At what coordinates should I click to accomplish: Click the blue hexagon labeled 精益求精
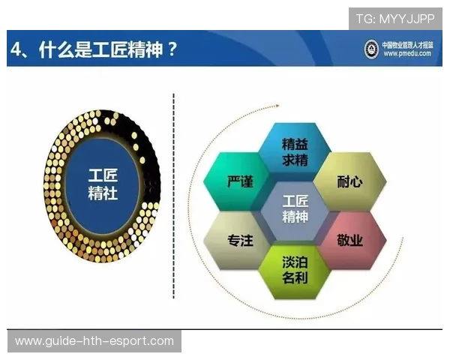click(x=295, y=152)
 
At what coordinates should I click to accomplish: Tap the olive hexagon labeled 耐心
click(x=349, y=182)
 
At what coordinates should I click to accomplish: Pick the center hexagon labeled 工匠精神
click(x=295, y=210)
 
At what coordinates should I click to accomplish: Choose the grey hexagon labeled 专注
click(x=239, y=241)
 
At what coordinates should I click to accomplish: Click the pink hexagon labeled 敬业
click(x=349, y=241)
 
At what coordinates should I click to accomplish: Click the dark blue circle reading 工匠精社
click(x=102, y=184)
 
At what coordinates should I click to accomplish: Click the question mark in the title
click(x=172, y=49)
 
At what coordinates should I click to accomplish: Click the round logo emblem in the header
click(x=370, y=49)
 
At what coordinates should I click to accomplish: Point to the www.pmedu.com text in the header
click(x=407, y=55)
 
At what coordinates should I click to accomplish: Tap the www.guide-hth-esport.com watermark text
click(x=94, y=341)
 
